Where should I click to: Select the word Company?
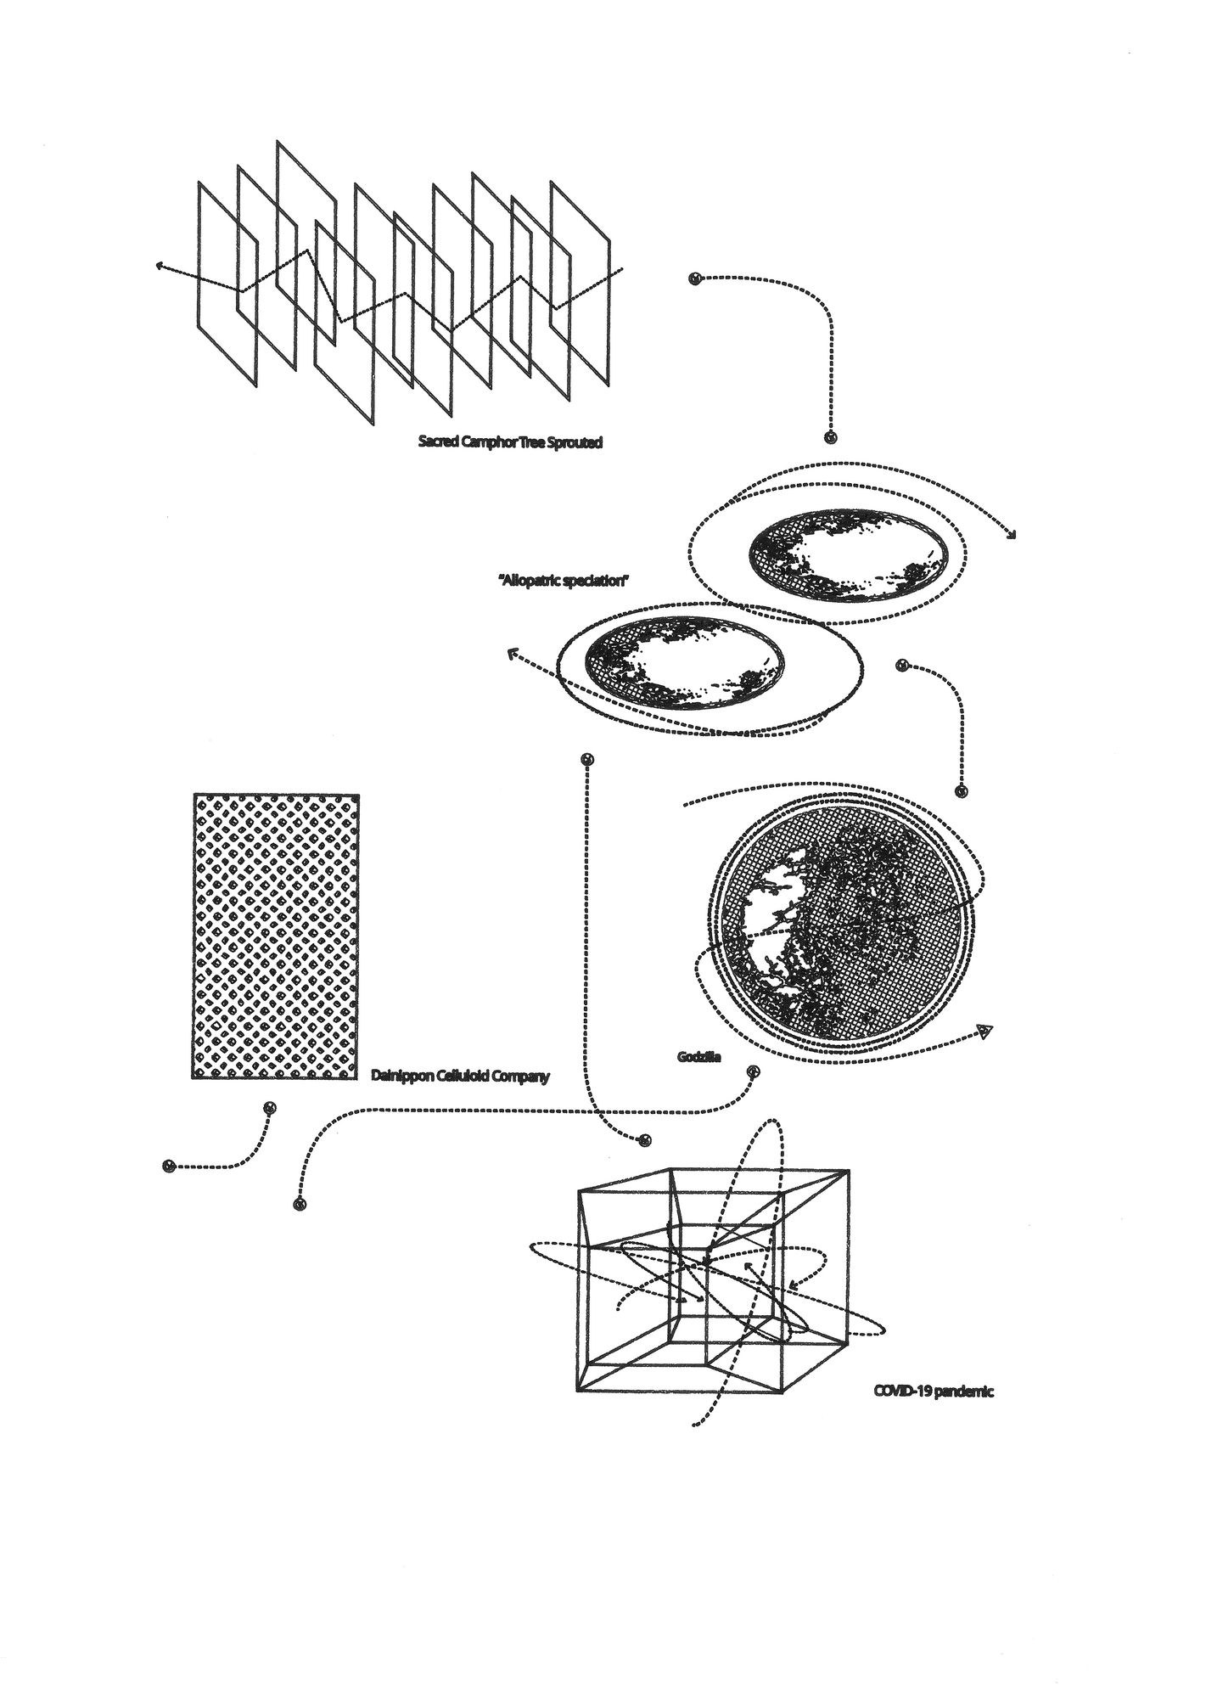(521, 1077)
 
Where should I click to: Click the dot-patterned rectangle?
(276, 936)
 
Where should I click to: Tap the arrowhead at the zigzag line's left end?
(160, 265)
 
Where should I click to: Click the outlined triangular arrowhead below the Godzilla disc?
(984, 1032)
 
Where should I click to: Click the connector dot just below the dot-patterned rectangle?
(270, 1108)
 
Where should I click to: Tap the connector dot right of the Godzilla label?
(752, 1072)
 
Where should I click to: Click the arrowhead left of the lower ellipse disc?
(512, 654)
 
